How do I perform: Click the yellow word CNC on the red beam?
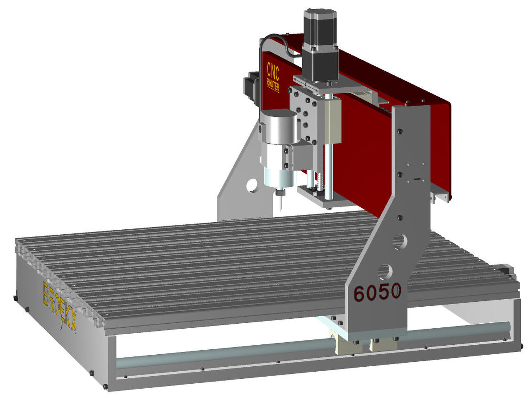click(273, 71)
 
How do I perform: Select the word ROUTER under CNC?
click(273, 85)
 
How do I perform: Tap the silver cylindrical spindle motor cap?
click(279, 127)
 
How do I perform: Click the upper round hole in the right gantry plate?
click(399, 241)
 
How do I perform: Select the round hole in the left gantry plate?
click(252, 185)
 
